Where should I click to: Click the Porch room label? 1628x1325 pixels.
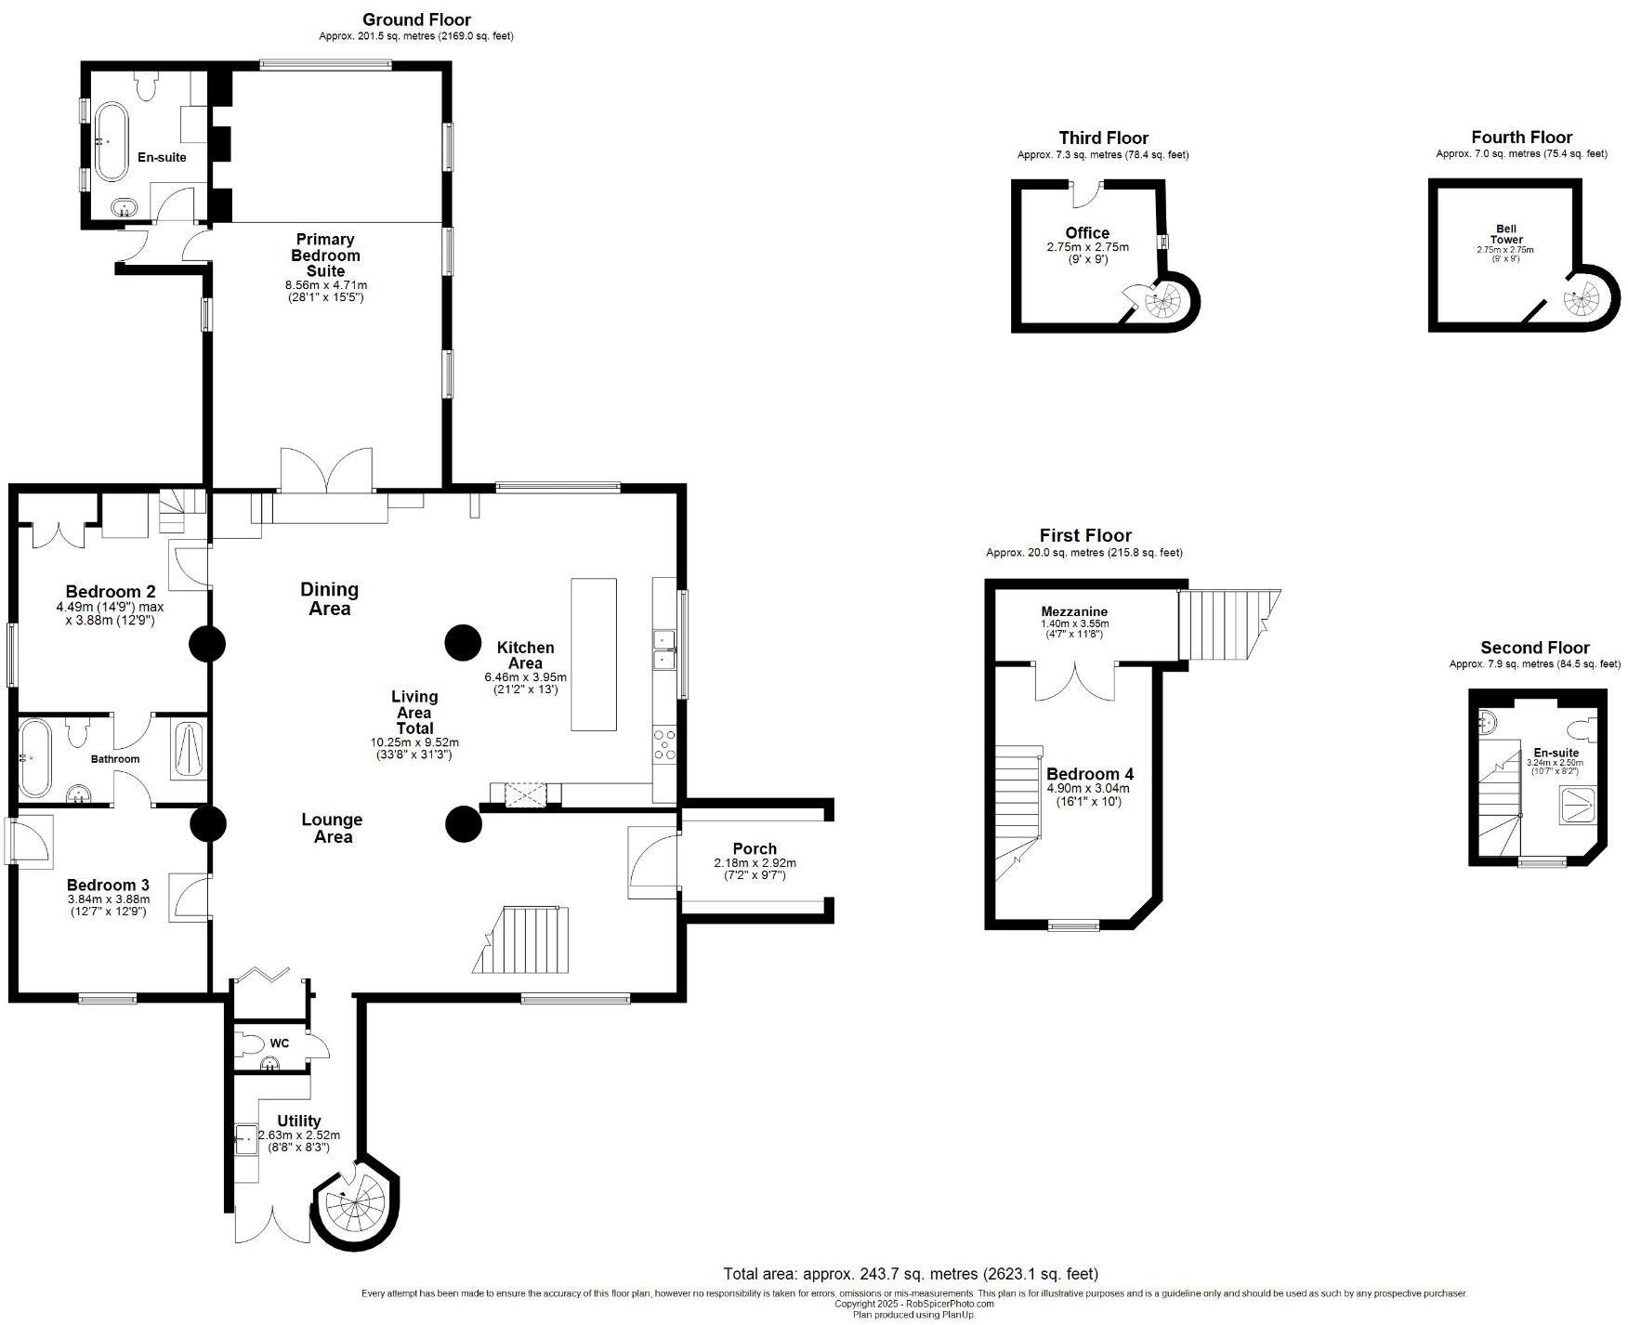[754, 848]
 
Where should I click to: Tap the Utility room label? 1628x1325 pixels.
[298, 1121]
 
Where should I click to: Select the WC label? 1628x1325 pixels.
[280, 1043]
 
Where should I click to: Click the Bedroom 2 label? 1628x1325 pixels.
[111, 592]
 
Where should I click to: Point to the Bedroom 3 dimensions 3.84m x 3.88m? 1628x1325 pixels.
[109, 899]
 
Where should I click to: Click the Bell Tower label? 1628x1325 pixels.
[1505, 234]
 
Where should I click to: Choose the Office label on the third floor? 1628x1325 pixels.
[1087, 233]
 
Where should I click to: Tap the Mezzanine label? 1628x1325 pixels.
[1074, 611]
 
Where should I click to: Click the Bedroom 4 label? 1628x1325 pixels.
[1089, 774]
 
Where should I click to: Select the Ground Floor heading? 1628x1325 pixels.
[416, 20]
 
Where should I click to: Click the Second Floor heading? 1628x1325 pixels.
[1534, 648]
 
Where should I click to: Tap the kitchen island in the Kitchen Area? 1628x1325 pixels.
[593, 654]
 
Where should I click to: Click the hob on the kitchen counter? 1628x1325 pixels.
[664, 744]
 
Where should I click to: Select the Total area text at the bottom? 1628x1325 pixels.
[910, 1273]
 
